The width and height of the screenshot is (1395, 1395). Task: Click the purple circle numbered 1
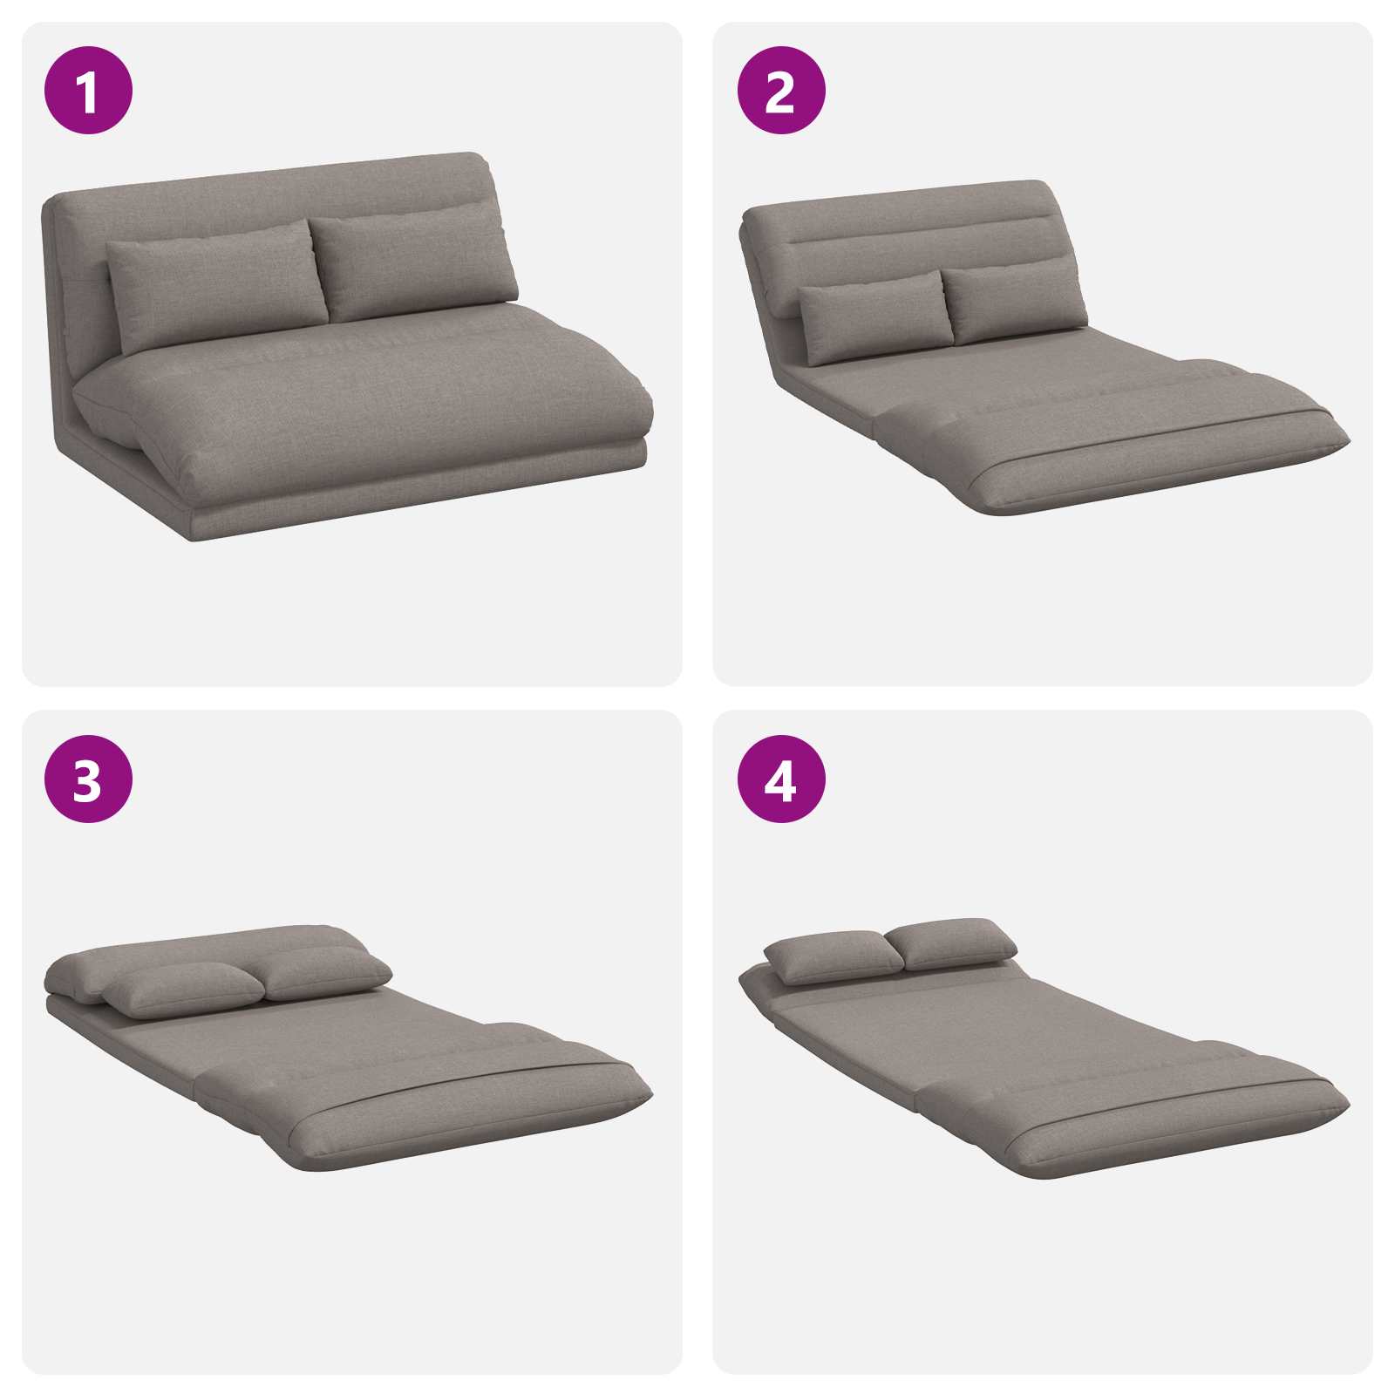click(88, 90)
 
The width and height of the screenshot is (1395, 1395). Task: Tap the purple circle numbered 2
click(781, 90)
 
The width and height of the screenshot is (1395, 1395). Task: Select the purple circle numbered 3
click(88, 779)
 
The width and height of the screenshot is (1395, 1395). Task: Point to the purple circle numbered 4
click(781, 779)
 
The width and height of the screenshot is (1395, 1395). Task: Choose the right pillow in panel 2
click(1016, 302)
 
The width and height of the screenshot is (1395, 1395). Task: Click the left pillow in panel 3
click(183, 990)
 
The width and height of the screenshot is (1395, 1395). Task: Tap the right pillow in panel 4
click(951, 942)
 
